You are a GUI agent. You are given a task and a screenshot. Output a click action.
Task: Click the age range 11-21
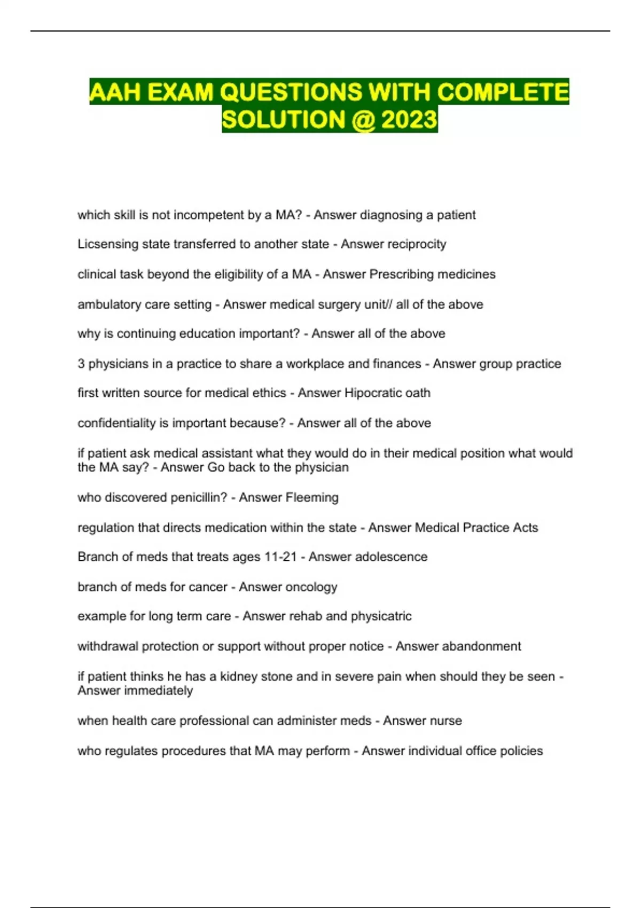click(280, 557)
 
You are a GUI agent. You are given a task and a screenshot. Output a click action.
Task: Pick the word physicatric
click(381, 616)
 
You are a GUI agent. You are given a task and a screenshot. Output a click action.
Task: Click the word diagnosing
click(392, 215)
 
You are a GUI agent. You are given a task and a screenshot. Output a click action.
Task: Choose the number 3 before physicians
click(81, 364)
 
